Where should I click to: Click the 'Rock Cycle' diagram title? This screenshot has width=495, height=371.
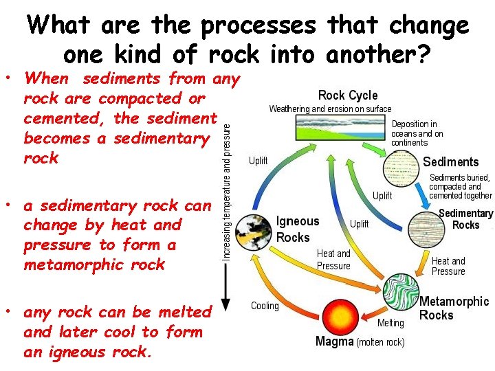(x=348, y=95)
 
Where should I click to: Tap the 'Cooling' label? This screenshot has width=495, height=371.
(x=265, y=306)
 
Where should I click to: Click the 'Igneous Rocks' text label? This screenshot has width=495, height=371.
(x=298, y=229)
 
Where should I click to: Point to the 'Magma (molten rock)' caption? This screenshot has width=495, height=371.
(x=360, y=341)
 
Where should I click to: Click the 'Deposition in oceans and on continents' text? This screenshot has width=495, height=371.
(x=417, y=133)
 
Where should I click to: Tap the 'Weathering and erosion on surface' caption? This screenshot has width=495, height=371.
(x=330, y=109)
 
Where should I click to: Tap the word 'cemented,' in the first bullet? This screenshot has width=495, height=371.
(x=65, y=118)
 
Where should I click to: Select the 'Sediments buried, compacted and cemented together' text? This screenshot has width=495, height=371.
(x=460, y=186)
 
